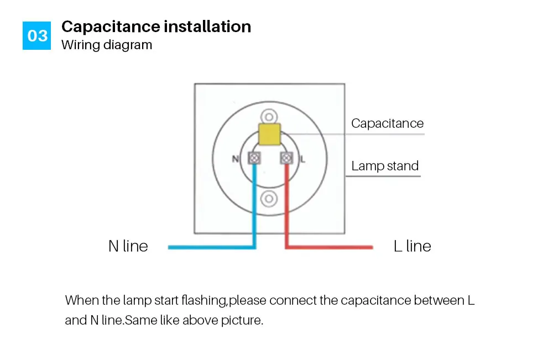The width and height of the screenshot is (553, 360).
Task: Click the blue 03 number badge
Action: click(x=36, y=35)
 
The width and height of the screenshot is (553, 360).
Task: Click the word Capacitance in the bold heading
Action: click(x=111, y=27)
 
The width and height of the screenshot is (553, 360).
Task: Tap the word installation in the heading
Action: click(x=208, y=27)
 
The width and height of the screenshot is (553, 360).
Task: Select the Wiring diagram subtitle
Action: click(x=107, y=45)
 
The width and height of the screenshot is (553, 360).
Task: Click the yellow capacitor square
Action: click(x=269, y=134)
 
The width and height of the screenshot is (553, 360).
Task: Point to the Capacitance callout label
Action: click(x=387, y=123)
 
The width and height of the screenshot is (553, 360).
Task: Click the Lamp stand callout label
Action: click(x=385, y=166)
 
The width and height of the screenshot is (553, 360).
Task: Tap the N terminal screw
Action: click(x=254, y=158)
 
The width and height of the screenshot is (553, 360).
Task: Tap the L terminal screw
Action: click(x=286, y=158)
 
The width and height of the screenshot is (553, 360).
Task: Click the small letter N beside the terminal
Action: click(x=235, y=159)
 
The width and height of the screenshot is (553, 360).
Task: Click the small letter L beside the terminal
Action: click(x=302, y=159)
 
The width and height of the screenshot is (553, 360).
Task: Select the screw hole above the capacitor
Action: click(x=269, y=117)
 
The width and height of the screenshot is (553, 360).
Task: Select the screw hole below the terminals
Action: click(x=269, y=199)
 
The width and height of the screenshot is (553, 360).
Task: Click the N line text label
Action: click(x=128, y=246)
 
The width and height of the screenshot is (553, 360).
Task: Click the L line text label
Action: click(x=413, y=246)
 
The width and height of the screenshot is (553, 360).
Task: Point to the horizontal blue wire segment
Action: click(x=212, y=247)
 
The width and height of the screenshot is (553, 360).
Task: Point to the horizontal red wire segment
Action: click(x=328, y=247)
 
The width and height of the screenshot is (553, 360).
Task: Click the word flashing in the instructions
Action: click(x=204, y=301)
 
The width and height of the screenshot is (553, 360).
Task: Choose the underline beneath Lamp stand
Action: click(x=383, y=176)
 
